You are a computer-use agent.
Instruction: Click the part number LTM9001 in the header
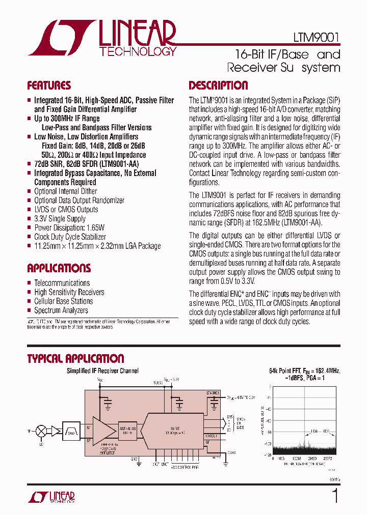(316, 38)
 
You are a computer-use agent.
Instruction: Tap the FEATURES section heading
(49, 85)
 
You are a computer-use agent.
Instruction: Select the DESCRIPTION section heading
(218, 85)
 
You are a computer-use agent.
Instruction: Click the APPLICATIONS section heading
(59, 268)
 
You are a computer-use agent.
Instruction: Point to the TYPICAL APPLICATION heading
(75, 359)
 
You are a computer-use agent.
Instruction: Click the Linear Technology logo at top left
(102, 38)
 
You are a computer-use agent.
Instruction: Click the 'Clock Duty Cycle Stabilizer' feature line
(70, 237)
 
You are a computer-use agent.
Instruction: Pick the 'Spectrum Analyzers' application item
(61, 310)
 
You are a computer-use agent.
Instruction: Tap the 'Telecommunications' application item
(62, 283)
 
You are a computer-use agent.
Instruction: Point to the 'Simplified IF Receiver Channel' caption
(102, 371)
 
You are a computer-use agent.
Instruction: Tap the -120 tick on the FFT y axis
(268, 451)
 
